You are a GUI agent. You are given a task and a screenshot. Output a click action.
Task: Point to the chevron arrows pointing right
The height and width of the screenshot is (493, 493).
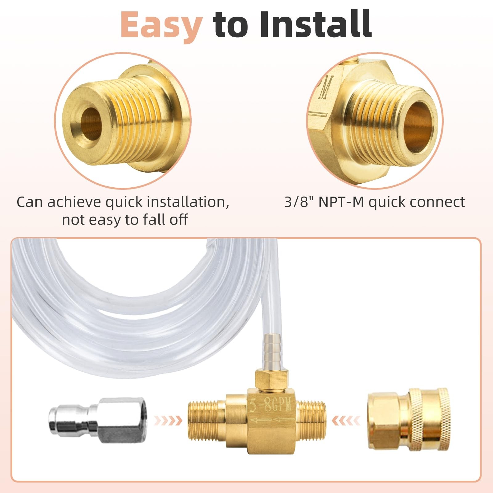click(168, 420)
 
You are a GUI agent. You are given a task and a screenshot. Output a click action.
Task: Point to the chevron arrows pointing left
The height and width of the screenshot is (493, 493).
click(346, 420)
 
